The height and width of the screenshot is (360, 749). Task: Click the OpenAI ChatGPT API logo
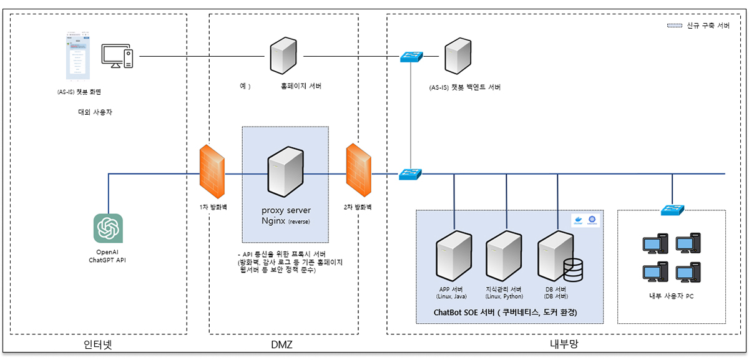[x=108, y=228]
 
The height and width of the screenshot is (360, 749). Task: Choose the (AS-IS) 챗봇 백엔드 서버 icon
[x=457, y=56]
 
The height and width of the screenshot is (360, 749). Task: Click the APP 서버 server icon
[x=454, y=256]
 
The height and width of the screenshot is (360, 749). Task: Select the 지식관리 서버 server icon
[x=504, y=256]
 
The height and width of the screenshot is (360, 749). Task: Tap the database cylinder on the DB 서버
[x=572, y=270]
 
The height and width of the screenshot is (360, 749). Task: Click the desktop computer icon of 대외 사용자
[x=117, y=57]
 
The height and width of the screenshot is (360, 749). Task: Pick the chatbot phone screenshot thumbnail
[x=78, y=57]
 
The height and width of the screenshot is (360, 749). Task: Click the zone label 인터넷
[x=97, y=344]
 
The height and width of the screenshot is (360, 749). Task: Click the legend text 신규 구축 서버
[x=708, y=26]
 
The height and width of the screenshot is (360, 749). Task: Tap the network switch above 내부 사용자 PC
[x=673, y=210]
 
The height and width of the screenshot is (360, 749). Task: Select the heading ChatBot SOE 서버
[x=504, y=311]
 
